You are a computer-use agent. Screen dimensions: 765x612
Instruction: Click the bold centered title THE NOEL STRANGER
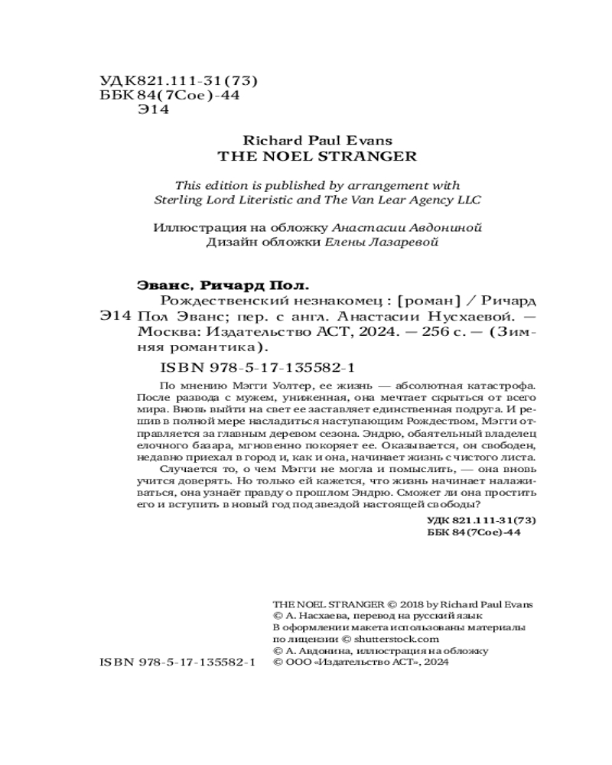coord(306,156)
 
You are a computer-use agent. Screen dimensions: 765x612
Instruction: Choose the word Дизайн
coord(229,243)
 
